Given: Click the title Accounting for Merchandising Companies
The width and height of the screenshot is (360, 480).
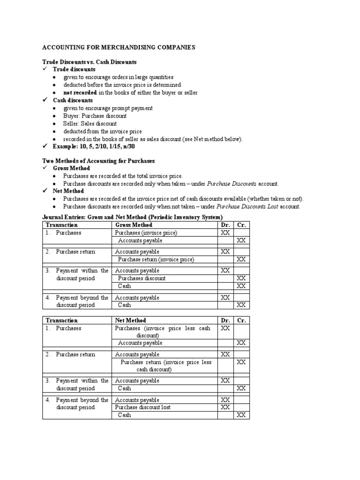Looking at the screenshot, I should [119, 47].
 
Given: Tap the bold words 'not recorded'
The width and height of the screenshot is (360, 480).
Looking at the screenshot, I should [80, 92].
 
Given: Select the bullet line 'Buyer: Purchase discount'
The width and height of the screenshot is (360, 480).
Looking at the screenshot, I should [95, 116].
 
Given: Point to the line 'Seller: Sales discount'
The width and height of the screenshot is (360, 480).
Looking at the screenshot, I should [90, 123].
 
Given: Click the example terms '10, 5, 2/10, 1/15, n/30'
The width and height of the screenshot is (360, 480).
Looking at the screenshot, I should [117, 146].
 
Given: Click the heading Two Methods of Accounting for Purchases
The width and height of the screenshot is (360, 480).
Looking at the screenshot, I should [98, 161].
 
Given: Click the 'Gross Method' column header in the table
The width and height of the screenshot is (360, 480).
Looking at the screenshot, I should [134, 225].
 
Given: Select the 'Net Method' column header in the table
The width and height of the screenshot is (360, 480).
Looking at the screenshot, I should [131, 321].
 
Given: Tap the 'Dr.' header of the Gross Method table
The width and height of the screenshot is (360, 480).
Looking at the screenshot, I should [225, 225].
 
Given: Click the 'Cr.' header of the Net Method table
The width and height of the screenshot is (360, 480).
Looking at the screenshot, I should [241, 321].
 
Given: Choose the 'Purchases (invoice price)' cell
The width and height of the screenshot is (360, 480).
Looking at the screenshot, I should [146, 233].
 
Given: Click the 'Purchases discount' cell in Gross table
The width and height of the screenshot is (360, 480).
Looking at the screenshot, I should [142, 278].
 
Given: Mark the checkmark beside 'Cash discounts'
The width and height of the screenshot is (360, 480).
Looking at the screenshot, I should [45, 100].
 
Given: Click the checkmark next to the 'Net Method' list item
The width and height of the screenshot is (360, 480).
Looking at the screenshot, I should [45, 191].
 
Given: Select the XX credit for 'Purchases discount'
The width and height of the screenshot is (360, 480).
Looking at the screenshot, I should [241, 278].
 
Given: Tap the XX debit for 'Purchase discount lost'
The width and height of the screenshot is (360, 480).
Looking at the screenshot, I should [225, 407].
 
